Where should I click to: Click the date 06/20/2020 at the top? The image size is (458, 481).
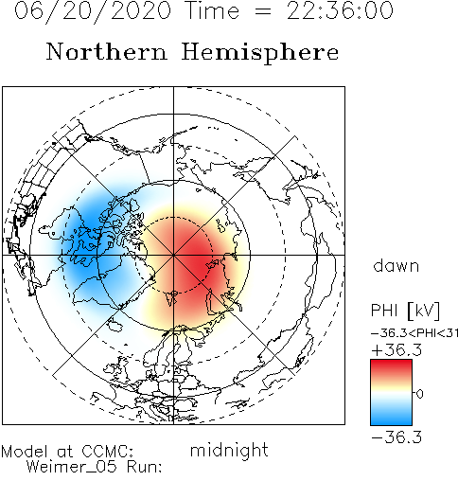93,11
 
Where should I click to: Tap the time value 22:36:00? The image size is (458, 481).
340,10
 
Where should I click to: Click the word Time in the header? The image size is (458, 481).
213,10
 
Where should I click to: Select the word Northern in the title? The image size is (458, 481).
107,51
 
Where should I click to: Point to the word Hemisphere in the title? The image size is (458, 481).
260,53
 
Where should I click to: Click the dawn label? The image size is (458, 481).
396,265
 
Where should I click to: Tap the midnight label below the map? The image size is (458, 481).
229,451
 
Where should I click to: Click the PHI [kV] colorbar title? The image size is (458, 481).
405,311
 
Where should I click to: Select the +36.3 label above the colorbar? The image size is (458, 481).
396,350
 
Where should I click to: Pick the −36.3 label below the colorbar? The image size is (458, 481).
396,437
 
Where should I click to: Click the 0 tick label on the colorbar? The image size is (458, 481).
419,394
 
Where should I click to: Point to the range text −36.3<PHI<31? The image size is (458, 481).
414,333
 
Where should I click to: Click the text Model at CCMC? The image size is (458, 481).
67,452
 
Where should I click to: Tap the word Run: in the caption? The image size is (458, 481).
145,467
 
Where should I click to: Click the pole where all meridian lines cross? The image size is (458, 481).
173,255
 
